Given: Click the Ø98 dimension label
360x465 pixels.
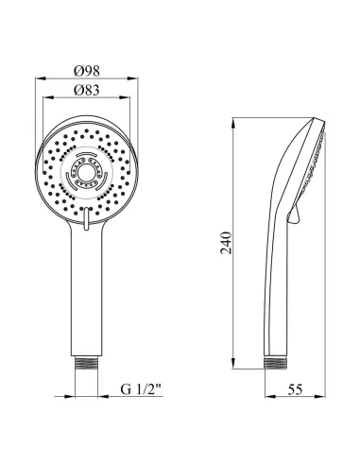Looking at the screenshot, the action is [87, 71].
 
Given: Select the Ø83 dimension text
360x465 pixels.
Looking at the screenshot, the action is [87, 90].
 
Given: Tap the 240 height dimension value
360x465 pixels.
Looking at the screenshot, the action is [226, 243].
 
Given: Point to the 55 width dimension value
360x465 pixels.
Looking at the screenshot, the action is [295, 389].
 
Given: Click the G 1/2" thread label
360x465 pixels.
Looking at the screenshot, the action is [141, 389].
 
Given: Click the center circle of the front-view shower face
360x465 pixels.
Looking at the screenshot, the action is [86, 173].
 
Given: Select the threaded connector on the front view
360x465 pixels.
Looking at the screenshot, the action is [87, 363].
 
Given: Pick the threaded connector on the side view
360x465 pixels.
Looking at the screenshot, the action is [276, 363].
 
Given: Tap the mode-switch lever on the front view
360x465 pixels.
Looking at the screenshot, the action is [87, 218].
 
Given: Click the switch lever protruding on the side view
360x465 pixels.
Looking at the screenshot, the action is [295, 215].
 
